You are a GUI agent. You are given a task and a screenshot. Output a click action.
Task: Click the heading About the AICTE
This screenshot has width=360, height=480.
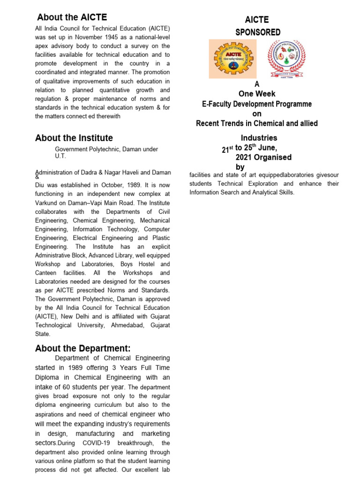point(72,17)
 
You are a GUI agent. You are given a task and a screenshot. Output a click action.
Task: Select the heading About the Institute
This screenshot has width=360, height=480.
point(74,138)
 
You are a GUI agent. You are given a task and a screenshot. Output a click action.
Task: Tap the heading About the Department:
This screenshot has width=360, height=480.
point(82,348)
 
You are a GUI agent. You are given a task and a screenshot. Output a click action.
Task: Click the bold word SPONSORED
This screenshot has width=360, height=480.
point(258,32)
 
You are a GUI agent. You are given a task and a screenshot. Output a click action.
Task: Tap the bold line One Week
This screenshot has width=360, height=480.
point(256,94)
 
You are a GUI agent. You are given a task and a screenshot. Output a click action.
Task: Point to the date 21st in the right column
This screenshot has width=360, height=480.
point(227,149)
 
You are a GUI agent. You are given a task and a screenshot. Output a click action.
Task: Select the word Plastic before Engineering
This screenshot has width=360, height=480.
point(159,238)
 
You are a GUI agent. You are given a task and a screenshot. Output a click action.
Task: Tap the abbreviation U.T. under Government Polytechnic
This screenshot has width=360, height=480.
point(61,156)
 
